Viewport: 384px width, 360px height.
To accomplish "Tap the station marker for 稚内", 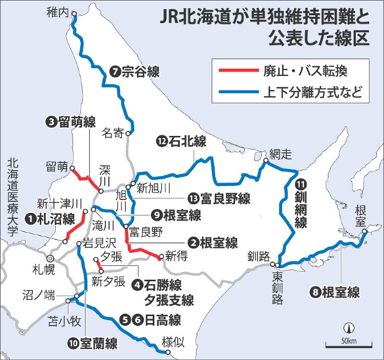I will pos(74,15).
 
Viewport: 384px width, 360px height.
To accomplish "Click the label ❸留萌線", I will pos(71,122).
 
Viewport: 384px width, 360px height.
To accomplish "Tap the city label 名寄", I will pos(113,134).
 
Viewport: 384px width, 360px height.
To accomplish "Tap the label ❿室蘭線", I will pos(93,344).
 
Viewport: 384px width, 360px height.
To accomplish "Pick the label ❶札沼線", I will pos(50,220).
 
